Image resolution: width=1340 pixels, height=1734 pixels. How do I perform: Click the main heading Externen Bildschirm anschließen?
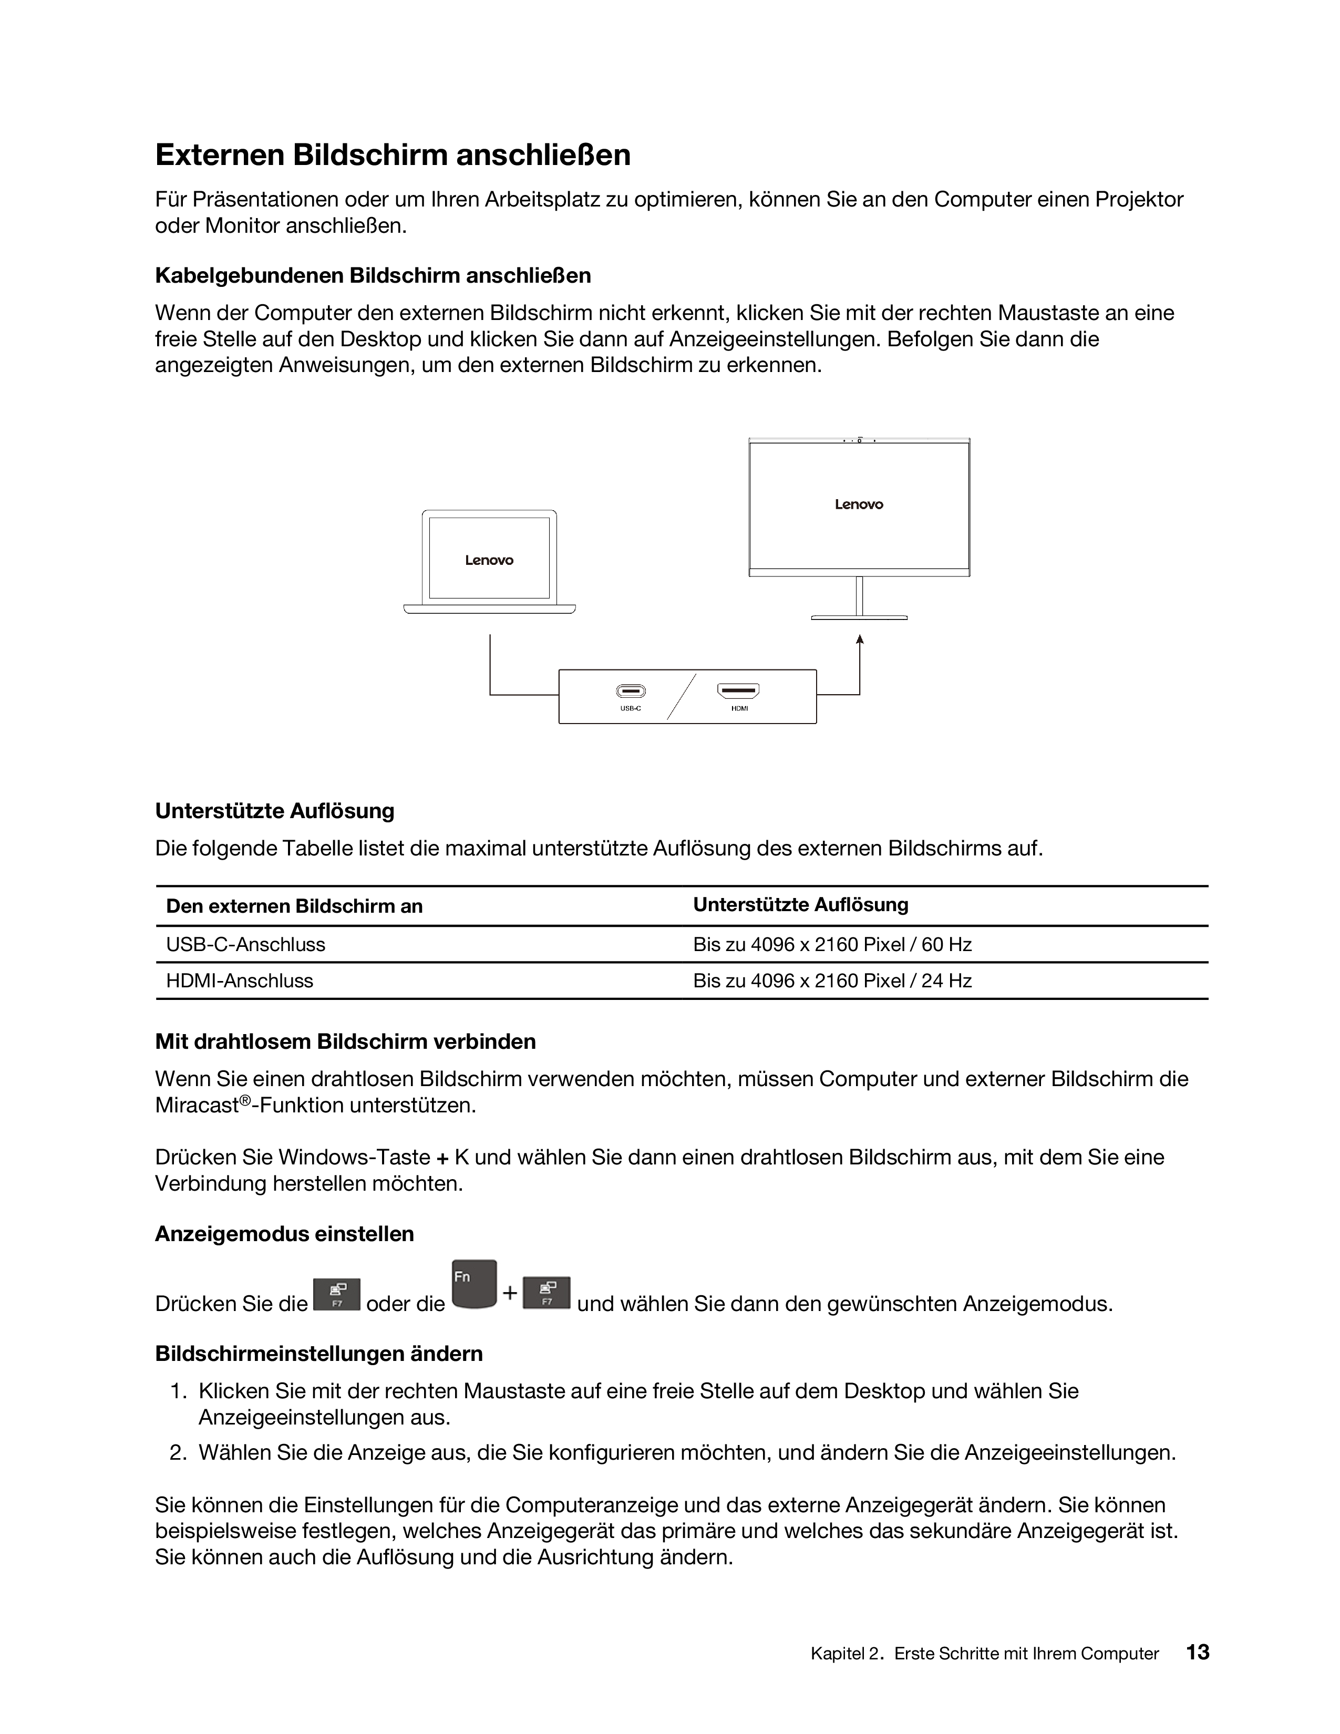pyautogui.click(x=393, y=155)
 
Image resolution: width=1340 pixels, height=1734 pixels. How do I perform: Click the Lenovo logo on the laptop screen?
pyautogui.click(x=489, y=561)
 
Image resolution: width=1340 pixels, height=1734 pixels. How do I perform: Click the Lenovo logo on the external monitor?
pyautogui.click(x=859, y=504)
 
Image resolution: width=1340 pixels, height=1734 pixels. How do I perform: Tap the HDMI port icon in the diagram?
pyautogui.click(x=738, y=691)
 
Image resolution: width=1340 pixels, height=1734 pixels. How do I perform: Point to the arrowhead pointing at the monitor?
pyautogui.click(x=860, y=639)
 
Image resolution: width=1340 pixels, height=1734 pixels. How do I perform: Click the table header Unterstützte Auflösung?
pyautogui.click(x=800, y=904)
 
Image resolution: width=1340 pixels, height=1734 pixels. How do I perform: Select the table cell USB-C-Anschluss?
pyautogui.click(x=245, y=944)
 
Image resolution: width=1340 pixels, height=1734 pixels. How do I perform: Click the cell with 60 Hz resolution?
pyautogui.click(x=832, y=944)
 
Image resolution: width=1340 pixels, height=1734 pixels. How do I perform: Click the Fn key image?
pyautogui.click(x=474, y=1284)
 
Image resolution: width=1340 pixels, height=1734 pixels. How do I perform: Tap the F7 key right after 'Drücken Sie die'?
pyautogui.click(x=337, y=1294)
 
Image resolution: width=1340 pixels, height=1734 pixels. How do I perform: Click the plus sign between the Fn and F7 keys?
pyautogui.click(x=510, y=1293)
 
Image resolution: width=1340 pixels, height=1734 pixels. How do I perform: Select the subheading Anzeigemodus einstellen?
pyautogui.click(x=284, y=1234)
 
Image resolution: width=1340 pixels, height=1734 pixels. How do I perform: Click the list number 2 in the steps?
pyautogui.click(x=177, y=1452)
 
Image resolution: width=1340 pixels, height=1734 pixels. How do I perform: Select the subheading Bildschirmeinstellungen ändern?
pyautogui.click(x=318, y=1353)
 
